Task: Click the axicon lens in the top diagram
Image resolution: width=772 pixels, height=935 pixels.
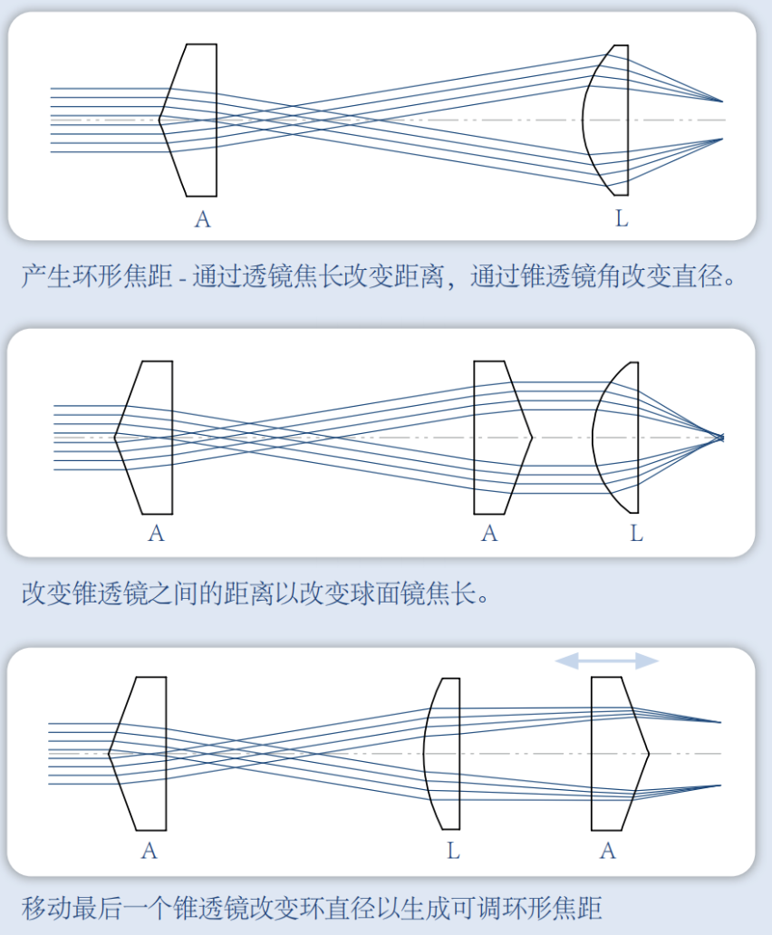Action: tap(192, 120)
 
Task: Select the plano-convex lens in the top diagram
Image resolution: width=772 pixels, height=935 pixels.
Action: tap(609, 120)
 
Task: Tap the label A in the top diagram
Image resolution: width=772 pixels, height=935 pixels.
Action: tap(202, 218)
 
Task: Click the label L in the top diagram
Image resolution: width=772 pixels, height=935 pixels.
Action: tap(622, 218)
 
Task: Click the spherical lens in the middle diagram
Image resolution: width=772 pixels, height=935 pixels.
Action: tap(619, 437)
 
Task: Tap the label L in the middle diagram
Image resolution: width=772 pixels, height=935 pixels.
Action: tap(636, 534)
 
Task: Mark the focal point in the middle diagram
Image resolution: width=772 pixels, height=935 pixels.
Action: tap(722, 438)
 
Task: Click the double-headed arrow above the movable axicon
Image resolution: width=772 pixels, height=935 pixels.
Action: tap(606, 661)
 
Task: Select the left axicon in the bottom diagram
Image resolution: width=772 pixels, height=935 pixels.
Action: tap(141, 753)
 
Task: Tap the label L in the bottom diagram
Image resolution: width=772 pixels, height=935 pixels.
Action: tap(453, 851)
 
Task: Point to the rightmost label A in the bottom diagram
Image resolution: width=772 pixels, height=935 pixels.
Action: tap(608, 851)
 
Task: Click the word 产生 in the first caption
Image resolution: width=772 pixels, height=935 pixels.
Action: tap(43, 276)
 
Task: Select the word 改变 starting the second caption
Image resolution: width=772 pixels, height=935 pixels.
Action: tap(43, 594)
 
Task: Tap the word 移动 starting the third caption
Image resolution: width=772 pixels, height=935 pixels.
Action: tap(43, 907)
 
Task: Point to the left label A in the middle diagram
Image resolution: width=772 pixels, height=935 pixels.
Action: tap(156, 534)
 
